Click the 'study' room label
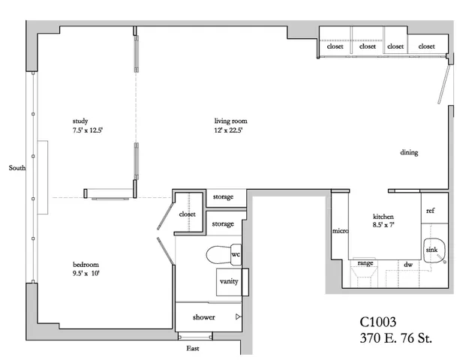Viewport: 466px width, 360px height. click(80, 121)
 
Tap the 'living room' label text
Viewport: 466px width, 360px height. click(230, 121)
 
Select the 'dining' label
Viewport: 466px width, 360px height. click(409, 153)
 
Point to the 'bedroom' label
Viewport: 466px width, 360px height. click(86, 265)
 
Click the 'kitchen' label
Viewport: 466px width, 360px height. click(383, 215)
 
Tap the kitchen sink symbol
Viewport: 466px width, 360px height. click(433, 250)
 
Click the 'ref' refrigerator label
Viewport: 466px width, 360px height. click(431, 211)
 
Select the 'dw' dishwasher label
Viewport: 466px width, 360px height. click(409, 265)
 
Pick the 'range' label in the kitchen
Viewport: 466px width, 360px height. click(365, 263)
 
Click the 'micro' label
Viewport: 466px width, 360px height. click(340, 231)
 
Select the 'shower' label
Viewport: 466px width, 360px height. click(204, 317)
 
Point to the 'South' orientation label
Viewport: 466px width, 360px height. click(17, 168)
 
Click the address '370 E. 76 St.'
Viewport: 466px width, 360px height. click(391, 338)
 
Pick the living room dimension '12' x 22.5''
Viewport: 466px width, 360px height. click(230, 130)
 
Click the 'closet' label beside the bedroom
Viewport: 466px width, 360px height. click(188, 214)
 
